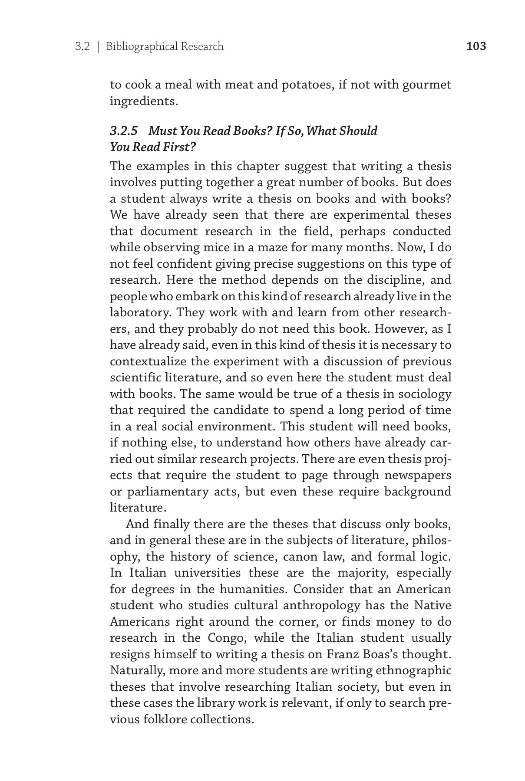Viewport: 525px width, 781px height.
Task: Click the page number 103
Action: point(476,46)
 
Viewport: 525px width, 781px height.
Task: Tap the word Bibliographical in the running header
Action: point(135,46)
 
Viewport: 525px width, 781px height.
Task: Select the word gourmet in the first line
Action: point(427,85)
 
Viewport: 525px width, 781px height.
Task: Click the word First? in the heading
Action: point(182,147)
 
